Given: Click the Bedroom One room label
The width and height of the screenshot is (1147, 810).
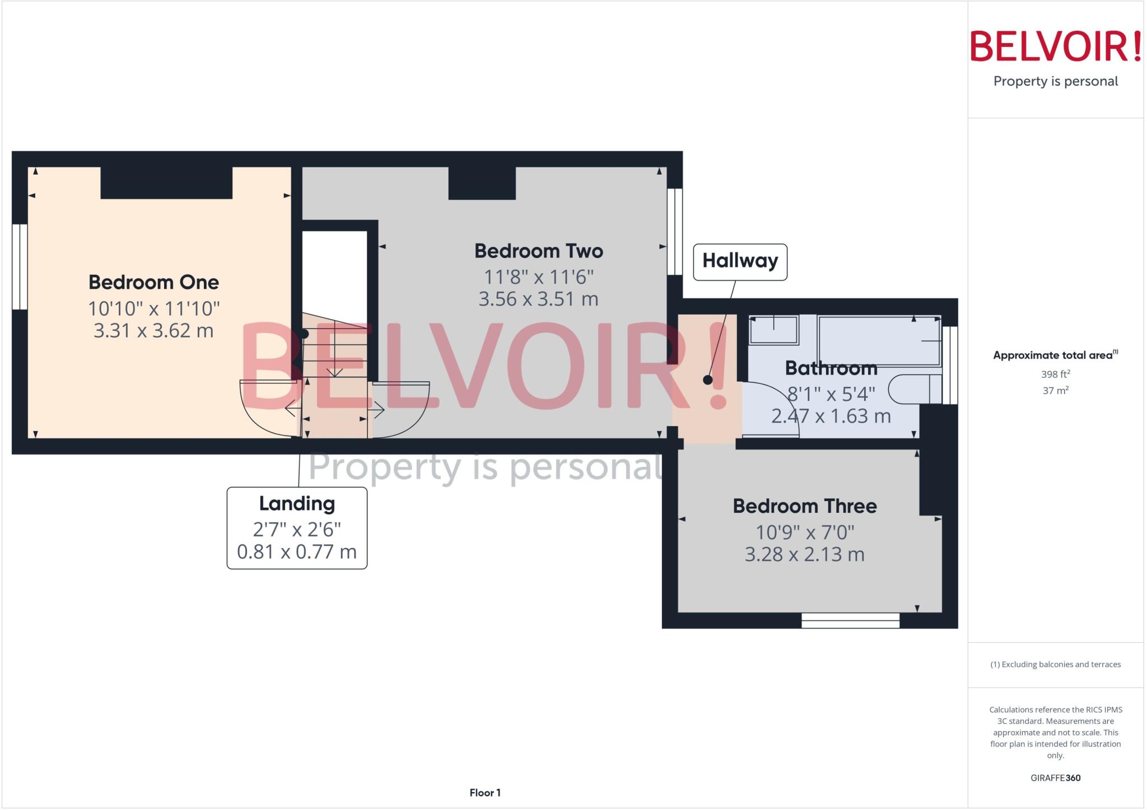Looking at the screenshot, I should click(x=153, y=282).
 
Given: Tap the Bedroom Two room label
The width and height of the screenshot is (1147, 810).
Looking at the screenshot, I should click(x=538, y=251).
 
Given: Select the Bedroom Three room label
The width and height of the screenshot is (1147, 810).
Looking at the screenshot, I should click(x=804, y=506).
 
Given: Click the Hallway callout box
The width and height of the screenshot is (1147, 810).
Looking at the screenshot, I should click(x=740, y=261).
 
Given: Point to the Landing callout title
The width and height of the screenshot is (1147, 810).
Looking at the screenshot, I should click(x=297, y=503).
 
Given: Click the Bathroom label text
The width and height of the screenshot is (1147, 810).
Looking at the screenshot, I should click(x=831, y=368).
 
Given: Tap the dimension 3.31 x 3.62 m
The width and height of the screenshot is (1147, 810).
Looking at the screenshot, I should click(x=153, y=331).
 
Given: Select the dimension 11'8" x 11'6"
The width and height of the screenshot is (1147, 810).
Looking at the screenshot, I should click(x=538, y=277).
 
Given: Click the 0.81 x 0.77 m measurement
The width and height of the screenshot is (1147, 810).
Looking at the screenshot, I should click(x=297, y=552).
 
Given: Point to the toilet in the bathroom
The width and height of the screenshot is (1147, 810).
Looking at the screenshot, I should click(x=913, y=389).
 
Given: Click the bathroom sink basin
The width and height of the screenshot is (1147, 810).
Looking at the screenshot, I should click(x=773, y=330).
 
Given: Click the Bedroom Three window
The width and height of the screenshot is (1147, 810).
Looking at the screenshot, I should click(x=850, y=620).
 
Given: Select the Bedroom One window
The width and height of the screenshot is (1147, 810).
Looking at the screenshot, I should click(x=20, y=266).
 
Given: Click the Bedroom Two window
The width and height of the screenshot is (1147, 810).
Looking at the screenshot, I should click(x=675, y=232).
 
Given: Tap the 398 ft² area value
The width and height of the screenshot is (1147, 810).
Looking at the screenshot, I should click(x=1055, y=374).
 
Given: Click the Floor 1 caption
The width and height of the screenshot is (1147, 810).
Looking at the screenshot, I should click(x=485, y=793).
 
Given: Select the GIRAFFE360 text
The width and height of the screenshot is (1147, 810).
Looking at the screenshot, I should click(x=1055, y=778).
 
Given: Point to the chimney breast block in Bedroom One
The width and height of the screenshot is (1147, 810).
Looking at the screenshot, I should click(x=166, y=182).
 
